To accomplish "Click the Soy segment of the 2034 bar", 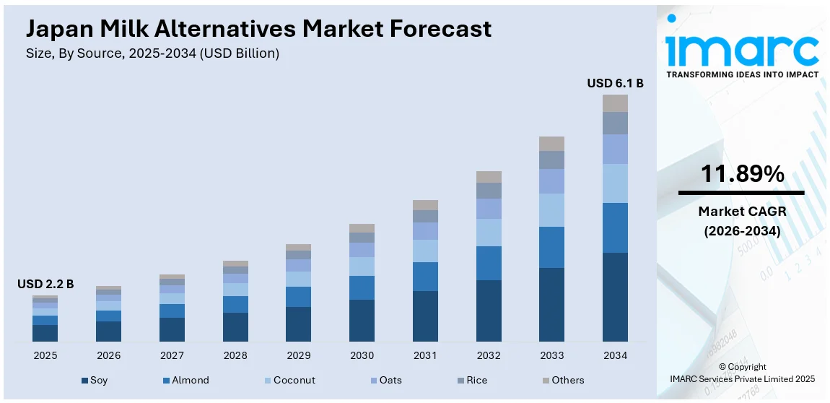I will pyautogui.click(x=615, y=297).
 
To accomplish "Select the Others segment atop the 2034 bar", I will pyautogui.click(x=615, y=103).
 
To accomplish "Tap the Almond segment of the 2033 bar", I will pyautogui.click(x=551, y=247).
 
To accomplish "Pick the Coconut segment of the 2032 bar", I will pyautogui.click(x=489, y=233).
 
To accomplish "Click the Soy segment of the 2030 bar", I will pyautogui.click(x=362, y=320).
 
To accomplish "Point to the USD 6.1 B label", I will pyautogui.click(x=615, y=83).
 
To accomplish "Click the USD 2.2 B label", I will pyautogui.click(x=45, y=284).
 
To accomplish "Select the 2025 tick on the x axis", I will pyautogui.click(x=45, y=355).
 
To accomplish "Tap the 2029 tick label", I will pyautogui.click(x=298, y=355).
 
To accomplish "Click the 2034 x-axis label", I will pyautogui.click(x=615, y=355).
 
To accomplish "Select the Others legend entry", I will pyautogui.click(x=562, y=380).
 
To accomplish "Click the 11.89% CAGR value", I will pyautogui.click(x=742, y=174).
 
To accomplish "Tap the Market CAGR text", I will pyautogui.click(x=742, y=212).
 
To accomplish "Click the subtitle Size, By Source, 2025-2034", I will pyautogui.click(x=152, y=53).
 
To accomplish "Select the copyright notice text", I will pyautogui.click(x=742, y=373).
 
